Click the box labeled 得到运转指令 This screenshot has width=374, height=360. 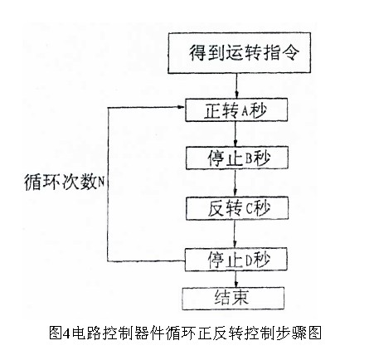pyautogui.click(x=239, y=53)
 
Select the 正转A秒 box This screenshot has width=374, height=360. pyautogui.click(x=236, y=109)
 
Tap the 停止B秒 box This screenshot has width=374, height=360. pyautogui.click(x=237, y=158)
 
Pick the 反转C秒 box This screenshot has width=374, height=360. pyautogui.click(x=237, y=208)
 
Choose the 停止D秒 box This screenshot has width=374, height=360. pyautogui.click(x=236, y=260)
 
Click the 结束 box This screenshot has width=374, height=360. pyautogui.click(x=233, y=299)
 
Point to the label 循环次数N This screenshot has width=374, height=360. pyautogui.click(x=65, y=182)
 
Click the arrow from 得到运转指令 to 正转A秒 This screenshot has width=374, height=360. pyautogui.click(x=236, y=85)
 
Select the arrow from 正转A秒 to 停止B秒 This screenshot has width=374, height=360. pyautogui.click(x=236, y=134)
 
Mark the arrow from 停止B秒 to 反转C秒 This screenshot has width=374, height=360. pyautogui.click(x=236, y=183)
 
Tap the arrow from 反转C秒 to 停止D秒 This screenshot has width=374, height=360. pyautogui.click(x=235, y=234)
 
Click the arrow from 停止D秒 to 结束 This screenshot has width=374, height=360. pyautogui.click(x=236, y=280)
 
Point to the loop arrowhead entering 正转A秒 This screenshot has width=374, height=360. pyautogui.click(x=182, y=107)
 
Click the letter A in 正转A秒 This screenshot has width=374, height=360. pyautogui.click(x=245, y=111)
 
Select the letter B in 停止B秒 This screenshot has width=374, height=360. pyautogui.click(x=249, y=159)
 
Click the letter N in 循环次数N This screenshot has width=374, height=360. pyautogui.click(x=101, y=182)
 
